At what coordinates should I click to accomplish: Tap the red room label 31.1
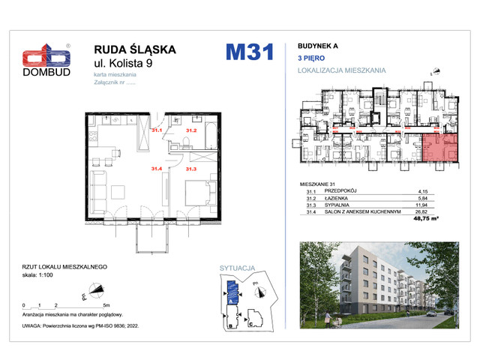(156, 130)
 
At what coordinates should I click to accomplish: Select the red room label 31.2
(190, 130)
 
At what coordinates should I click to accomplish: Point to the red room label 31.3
(190, 169)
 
